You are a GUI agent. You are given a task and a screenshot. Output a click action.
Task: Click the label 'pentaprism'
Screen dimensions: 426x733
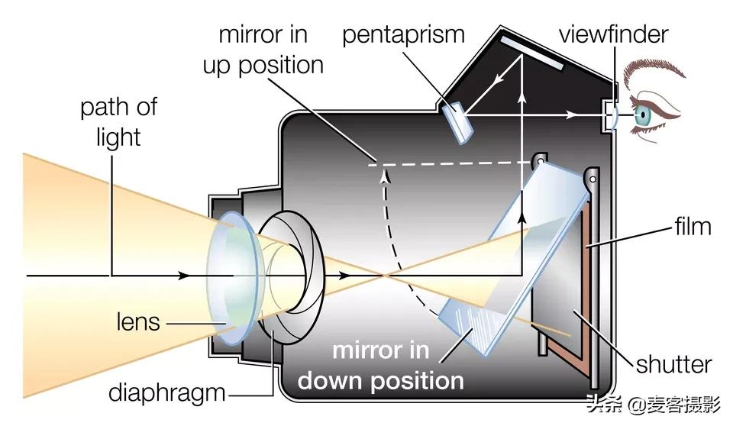click(403, 34)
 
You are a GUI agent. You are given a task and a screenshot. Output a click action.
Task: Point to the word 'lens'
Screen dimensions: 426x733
click(138, 321)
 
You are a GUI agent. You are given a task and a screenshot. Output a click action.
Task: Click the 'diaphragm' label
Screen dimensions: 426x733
click(167, 392)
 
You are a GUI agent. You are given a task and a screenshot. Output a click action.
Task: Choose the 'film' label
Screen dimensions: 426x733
click(693, 226)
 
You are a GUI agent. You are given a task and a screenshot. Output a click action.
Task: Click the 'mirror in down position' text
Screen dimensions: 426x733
click(380, 366)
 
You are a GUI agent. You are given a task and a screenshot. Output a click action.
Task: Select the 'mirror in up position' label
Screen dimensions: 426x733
click(263, 50)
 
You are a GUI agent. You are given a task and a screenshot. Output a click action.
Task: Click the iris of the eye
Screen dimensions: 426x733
click(643, 116)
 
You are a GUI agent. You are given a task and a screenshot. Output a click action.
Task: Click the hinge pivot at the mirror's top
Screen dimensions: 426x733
click(541, 163)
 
